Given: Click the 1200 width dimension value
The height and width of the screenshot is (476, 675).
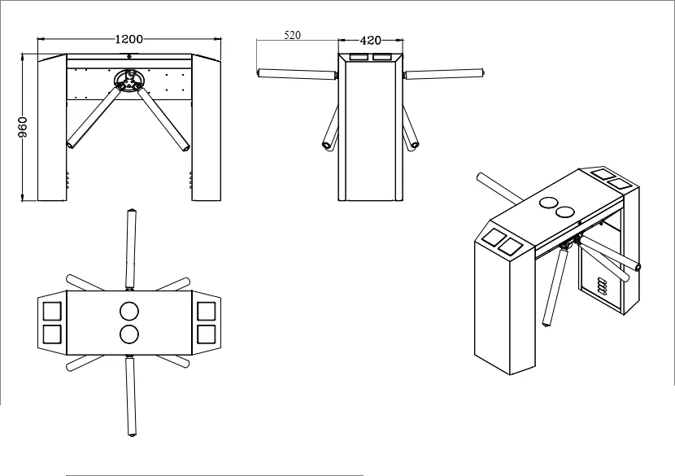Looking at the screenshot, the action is click(128, 39).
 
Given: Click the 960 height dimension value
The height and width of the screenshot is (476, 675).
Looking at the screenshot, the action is click(23, 127).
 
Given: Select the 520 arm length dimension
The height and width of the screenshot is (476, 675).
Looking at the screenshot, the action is click(292, 35).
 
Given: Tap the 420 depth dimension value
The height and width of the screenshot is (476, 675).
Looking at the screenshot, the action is click(370, 41).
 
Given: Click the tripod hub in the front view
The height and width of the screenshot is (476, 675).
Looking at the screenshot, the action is click(128, 80).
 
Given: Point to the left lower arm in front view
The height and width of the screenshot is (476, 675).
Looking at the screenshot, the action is click(94, 117).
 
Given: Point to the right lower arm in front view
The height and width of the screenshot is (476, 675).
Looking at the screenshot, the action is click(164, 118).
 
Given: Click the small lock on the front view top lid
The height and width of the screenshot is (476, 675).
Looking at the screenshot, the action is click(129, 56).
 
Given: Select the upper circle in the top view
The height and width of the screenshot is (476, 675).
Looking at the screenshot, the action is click(129, 312).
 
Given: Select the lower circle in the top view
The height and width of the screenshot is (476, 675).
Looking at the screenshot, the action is click(129, 334).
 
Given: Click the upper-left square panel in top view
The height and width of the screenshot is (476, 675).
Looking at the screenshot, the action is click(52, 311).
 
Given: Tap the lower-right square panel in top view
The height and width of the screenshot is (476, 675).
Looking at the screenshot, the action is click(207, 334).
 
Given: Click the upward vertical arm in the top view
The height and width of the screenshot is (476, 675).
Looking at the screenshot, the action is click(131, 249).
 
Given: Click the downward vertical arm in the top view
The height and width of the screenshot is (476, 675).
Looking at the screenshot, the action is click(131, 396).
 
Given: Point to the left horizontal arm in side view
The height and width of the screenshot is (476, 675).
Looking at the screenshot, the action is click(297, 75).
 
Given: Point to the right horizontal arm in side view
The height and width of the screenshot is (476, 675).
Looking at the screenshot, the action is click(444, 74).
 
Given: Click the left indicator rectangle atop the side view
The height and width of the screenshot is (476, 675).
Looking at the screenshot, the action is click(359, 57).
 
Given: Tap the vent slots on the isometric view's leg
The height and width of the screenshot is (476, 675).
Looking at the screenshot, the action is click(601, 286).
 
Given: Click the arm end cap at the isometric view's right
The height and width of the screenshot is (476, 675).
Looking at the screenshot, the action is click(638, 268).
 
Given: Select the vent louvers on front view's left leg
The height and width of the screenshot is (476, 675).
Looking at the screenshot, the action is click(67, 180).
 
